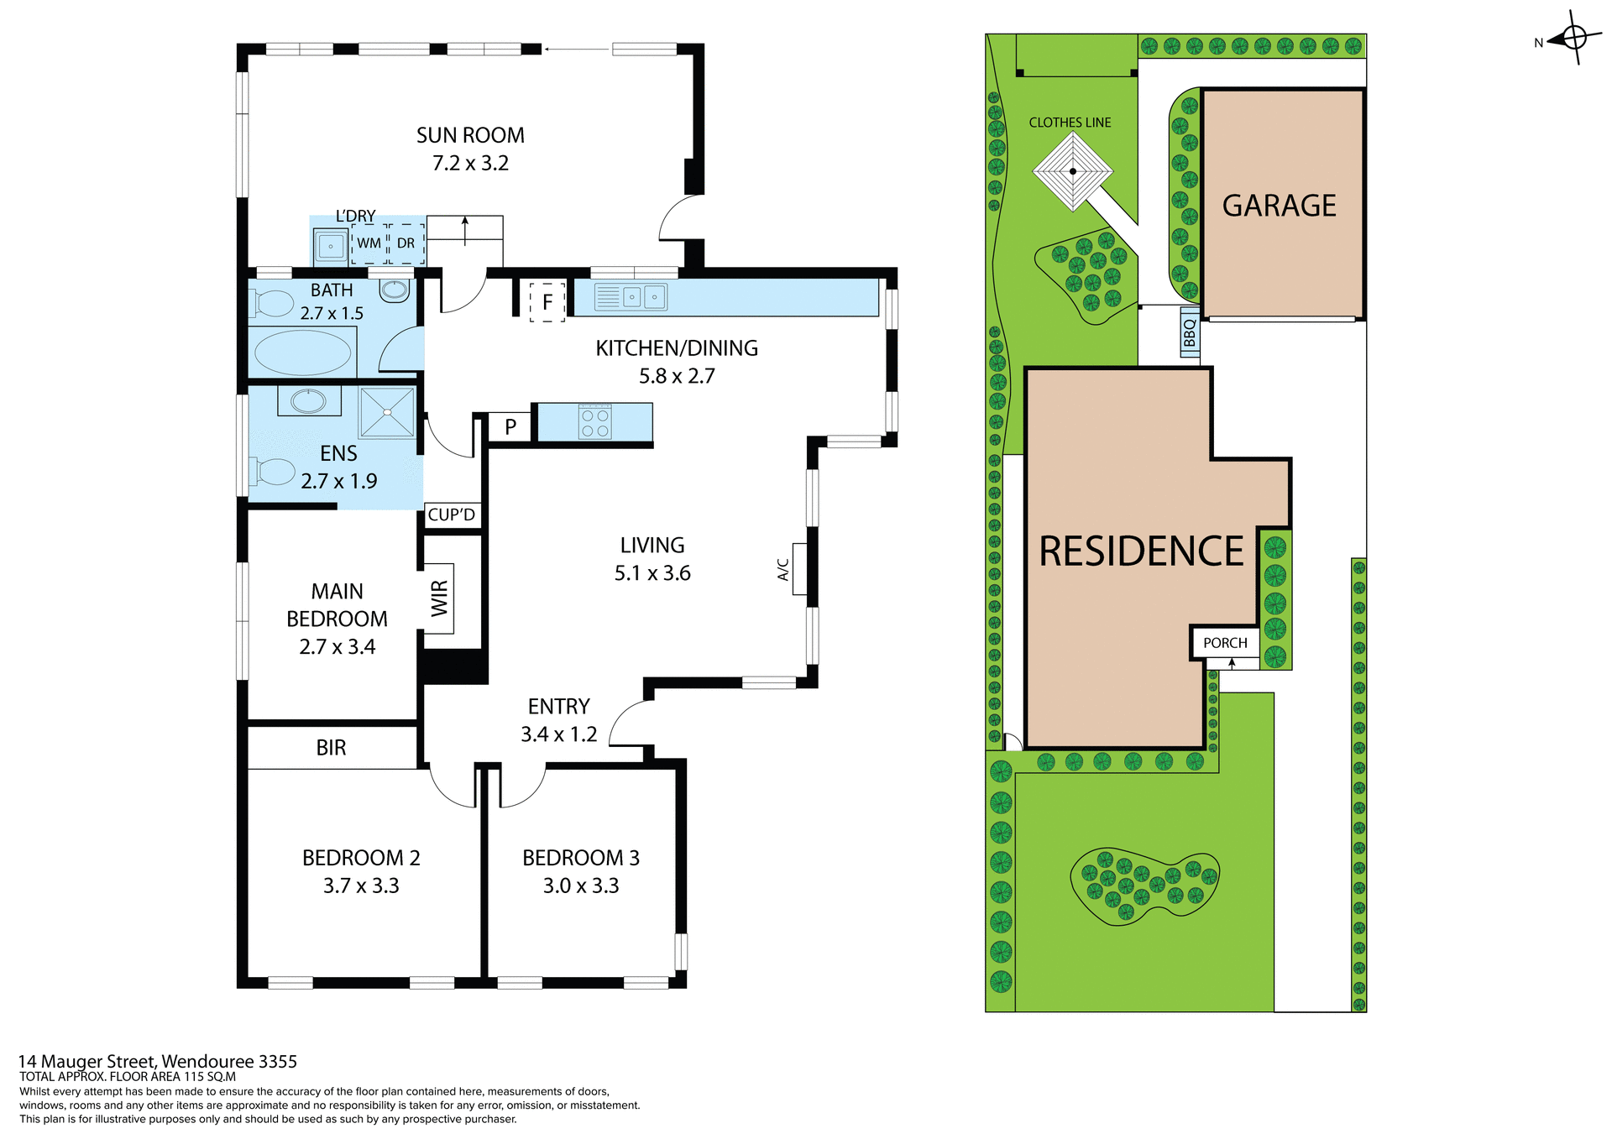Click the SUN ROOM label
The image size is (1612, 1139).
coord(470,135)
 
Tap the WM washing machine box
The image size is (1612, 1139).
coord(369,243)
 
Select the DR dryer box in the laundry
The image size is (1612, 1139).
coord(406,243)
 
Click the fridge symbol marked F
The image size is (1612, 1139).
coord(547,301)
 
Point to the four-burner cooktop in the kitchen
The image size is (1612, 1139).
coord(595,422)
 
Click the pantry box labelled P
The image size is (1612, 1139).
coord(510,427)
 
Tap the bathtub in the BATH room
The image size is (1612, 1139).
coord(302,353)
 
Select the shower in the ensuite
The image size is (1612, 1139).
coord(387,411)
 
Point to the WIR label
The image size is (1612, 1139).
coord(439,598)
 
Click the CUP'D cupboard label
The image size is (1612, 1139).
coord(452,515)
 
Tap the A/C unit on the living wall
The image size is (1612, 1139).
coord(798,569)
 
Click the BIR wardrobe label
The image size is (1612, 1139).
coord(332,748)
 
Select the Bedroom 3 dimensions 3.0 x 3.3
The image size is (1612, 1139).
coord(581,886)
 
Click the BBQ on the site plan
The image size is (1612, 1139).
coord(1190,332)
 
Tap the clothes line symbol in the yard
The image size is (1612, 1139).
coord(1073,171)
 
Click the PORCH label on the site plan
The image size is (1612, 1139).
coord(1225,643)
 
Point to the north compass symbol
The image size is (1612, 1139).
coord(1573,39)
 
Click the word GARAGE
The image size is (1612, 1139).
coord(1279,206)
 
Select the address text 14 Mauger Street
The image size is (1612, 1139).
coord(158,1062)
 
